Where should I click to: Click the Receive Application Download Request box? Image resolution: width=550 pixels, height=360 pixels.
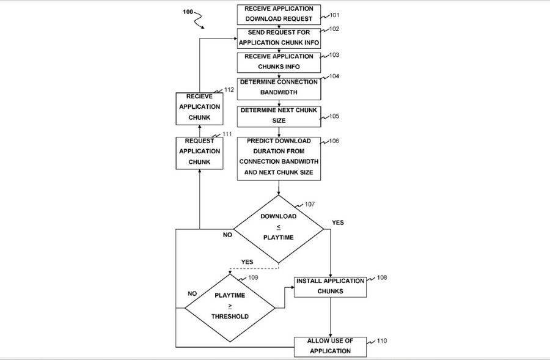click(x=279, y=14)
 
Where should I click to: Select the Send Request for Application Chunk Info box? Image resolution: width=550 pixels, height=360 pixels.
click(x=279, y=38)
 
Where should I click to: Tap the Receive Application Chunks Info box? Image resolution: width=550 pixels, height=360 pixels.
click(x=279, y=62)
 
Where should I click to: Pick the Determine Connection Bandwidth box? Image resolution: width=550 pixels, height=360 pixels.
click(x=279, y=87)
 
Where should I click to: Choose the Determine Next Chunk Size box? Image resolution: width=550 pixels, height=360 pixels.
click(x=279, y=116)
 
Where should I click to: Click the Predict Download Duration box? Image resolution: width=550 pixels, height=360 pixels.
click(x=279, y=158)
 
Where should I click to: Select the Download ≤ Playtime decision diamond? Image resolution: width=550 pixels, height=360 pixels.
click(x=279, y=229)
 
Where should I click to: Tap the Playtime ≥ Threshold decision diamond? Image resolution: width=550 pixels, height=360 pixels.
click(x=230, y=305)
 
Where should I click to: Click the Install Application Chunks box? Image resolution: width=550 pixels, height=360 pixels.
click(x=331, y=286)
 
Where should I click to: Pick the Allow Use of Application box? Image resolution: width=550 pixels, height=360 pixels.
click(x=331, y=347)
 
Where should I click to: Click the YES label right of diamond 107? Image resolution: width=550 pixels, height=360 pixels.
click(x=337, y=222)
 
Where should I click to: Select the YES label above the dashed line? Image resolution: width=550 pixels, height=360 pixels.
click(x=247, y=262)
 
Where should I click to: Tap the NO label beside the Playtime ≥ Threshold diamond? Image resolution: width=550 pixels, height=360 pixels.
click(x=192, y=293)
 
